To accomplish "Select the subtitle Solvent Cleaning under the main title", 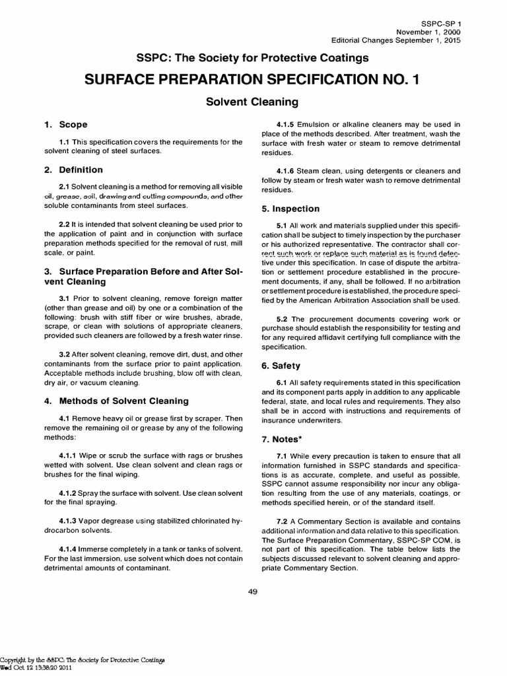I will pos(253,102).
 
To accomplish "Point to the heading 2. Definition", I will pos(73,170).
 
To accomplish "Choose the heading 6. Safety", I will pos(281,365).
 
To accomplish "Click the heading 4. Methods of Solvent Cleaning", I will pos(116,401).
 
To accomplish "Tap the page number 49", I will pos(253,591).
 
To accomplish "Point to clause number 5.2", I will pos(281,319).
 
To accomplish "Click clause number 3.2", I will pos(65,355).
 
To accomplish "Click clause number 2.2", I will pos(65,224).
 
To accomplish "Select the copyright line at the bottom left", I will pos(82,659).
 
